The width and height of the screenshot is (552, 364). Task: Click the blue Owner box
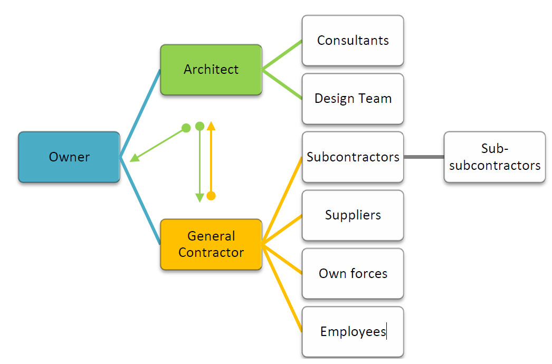(x=69, y=157)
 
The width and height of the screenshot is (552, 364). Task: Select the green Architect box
(x=211, y=69)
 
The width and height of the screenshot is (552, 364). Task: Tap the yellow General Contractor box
(x=211, y=244)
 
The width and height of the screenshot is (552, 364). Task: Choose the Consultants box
(x=353, y=41)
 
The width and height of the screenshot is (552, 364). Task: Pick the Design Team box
(x=353, y=99)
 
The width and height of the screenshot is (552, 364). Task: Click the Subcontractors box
(x=353, y=157)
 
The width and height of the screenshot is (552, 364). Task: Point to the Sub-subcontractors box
(x=494, y=157)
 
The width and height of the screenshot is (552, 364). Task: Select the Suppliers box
(x=353, y=215)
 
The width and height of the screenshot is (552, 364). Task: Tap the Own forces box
(x=353, y=273)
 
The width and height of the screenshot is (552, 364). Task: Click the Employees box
(x=353, y=331)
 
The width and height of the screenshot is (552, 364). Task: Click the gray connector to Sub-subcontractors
(x=424, y=157)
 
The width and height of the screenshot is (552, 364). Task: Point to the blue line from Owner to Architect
(x=140, y=113)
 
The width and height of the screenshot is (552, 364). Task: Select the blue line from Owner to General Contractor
(x=140, y=200)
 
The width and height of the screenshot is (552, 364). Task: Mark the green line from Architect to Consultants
(x=282, y=55)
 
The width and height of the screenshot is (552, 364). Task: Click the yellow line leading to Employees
(x=283, y=288)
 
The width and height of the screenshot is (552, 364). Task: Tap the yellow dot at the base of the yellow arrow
(x=211, y=196)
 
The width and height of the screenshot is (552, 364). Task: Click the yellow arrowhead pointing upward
(x=211, y=126)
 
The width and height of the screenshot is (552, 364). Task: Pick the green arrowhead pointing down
(x=199, y=198)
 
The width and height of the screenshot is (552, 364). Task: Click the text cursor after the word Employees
(x=387, y=331)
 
